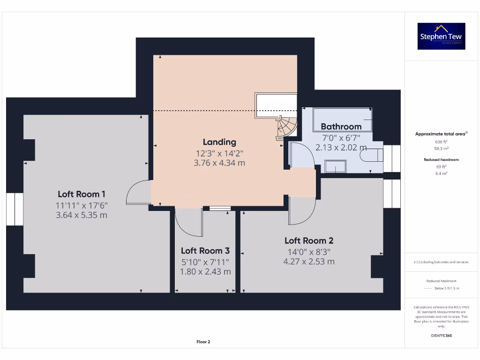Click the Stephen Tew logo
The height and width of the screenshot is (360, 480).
coord(441,36)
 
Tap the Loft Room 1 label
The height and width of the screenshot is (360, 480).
coord(82,194)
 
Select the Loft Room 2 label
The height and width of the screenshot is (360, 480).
coord(309,240)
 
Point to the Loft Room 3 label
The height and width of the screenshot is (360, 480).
coord(205,251)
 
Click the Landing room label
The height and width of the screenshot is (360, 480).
coord(219,142)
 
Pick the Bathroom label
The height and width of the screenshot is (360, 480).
coord(341,126)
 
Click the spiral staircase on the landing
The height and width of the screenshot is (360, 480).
coord(286,127)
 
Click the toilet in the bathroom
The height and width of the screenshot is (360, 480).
coord(375,154)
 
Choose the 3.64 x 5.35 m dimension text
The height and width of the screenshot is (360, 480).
coord(82,215)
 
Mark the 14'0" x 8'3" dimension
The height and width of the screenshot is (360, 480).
coord(309,251)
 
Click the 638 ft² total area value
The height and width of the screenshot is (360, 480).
coord(441,141)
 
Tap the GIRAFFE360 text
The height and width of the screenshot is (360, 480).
coord(441,336)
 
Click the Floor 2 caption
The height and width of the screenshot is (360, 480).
coord(203,342)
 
